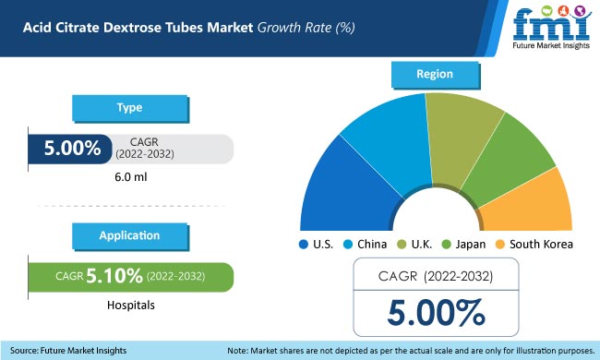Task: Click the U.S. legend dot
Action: pos(303,245)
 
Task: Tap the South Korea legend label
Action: pos(542,245)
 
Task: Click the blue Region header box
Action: pos(434,74)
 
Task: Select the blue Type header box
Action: pos(128,108)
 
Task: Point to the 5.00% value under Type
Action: pos(64,149)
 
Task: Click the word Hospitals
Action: pos(128,303)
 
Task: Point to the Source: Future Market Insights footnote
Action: pos(68,350)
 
